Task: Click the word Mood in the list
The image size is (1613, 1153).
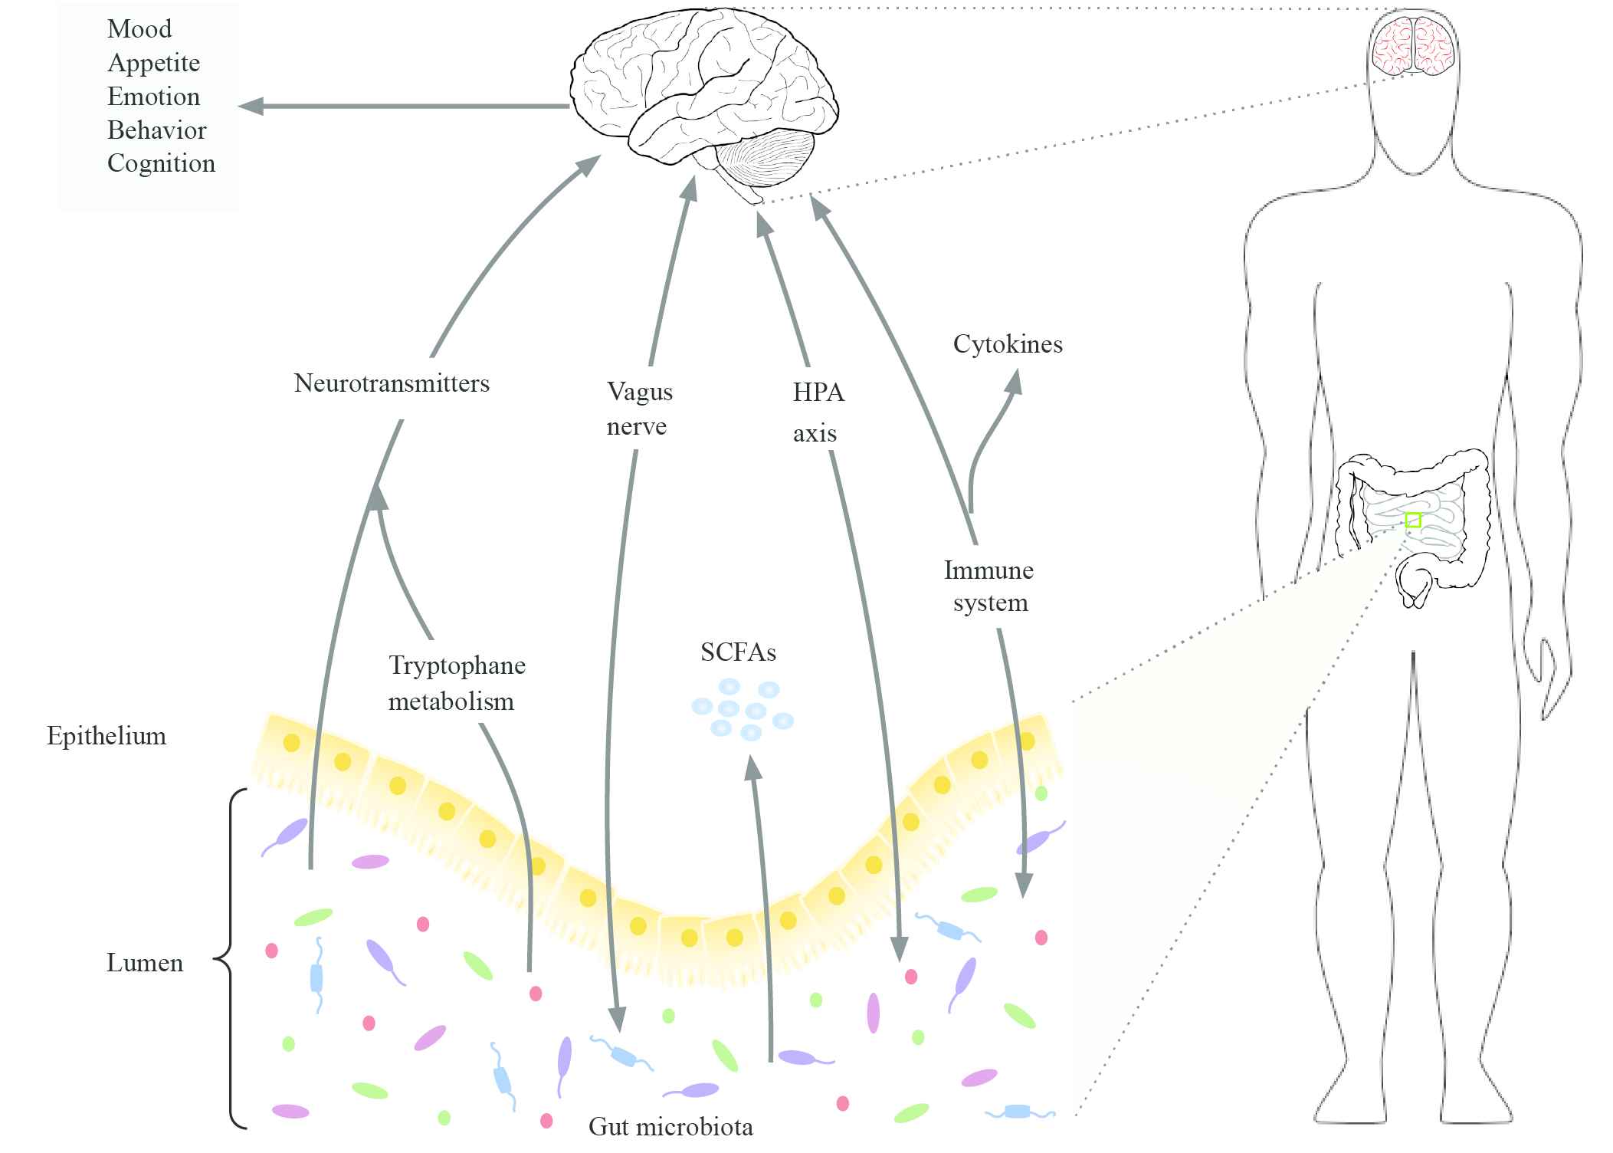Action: click(x=139, y=29)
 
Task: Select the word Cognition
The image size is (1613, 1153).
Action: click(x=161, y=163)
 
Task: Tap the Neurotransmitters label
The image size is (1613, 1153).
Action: click(x=392, y=383)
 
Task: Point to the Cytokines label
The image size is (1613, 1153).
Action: click(x=1008, y=344)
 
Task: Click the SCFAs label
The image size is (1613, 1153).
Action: click(x=738, y=652)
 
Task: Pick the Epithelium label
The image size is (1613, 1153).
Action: click(x=107, y=736)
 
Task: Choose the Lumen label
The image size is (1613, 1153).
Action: click(x=145, y=963)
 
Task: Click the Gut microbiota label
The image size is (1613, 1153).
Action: click(x=670, y=1127)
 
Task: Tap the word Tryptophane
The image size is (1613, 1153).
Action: click(x=457, y=665)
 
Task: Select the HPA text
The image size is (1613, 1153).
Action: click(x=818, y=393)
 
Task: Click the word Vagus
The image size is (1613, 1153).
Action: click(x=640, y=392)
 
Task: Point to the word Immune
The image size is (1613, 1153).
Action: click(x=988, y=570)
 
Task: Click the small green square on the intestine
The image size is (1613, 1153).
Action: click(x=1413, y=520)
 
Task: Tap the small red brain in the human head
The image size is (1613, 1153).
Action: click(x=1413, y=46)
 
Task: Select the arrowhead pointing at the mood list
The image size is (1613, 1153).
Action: click(x=251, y=107)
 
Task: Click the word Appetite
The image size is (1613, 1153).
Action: click(x=153, y=63)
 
